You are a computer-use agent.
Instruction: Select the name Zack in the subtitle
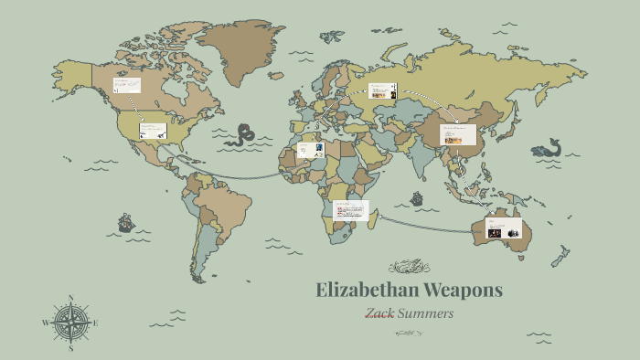pyautogui.click(x=380, y=313)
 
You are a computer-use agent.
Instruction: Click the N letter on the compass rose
pyautogui.click(x=70, y=298)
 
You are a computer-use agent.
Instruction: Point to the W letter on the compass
pyautogui.click(x=45, y=323)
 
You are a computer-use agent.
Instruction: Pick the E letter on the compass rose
pyautogui.click(x=96, y=323)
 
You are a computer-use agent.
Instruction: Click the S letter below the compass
pyautogui.click(x=70, y=348)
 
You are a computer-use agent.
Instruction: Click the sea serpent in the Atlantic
pyautogui.click(x=242, y=135)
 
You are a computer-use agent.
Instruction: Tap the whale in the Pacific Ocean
pyautogui.click(x=547, y=147)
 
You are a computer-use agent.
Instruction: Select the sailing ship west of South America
pyautogui.click(x=125, y=222)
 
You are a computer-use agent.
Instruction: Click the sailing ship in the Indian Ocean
pyautogui.click(x=417, y=197)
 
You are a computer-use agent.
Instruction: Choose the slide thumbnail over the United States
pyautogui.click(x=153, y=131)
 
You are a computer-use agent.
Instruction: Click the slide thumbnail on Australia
pyautogui.click(x=504, y=228)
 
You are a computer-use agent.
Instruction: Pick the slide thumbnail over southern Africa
pyautogui.click(x=351, y=210)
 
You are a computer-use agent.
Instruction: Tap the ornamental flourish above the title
pyautogui.click(x=409, y=267)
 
